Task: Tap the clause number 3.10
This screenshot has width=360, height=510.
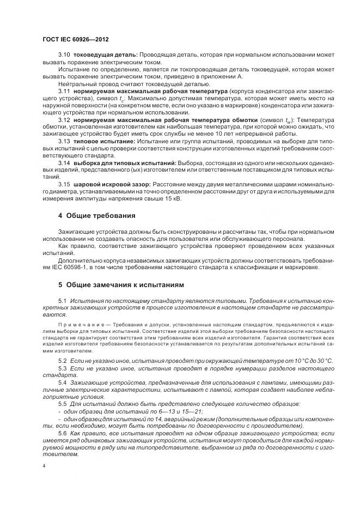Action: coord(64,56)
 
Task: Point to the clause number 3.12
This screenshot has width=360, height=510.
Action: coord(64,119)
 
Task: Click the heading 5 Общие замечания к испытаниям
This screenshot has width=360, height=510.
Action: coord(121,284)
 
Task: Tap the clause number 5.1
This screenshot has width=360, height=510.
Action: coord(62,301)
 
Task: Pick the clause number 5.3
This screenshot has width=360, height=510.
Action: coord(62,368)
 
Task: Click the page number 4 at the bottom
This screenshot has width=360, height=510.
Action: coord(44,466)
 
